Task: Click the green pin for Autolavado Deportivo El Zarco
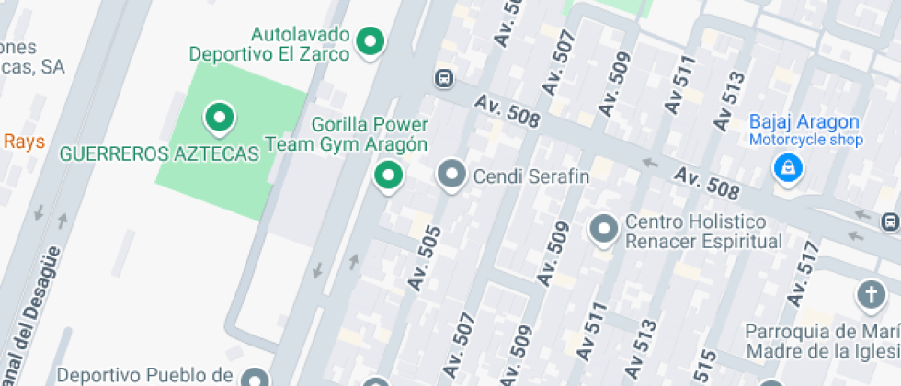[x=370, y=41]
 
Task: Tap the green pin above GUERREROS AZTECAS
[x=219, y=117]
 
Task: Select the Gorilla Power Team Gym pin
[x=388, y=174]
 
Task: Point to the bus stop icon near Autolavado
[x=444, y=78]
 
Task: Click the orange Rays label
[x=24, y=141]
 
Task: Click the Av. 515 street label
[x=706, y=368]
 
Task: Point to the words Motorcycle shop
[x=805, y=140]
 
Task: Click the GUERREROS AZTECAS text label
[x=159, y=154]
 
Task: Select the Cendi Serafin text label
[x=530, y=175]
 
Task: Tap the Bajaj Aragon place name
[x=804, y=121]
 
